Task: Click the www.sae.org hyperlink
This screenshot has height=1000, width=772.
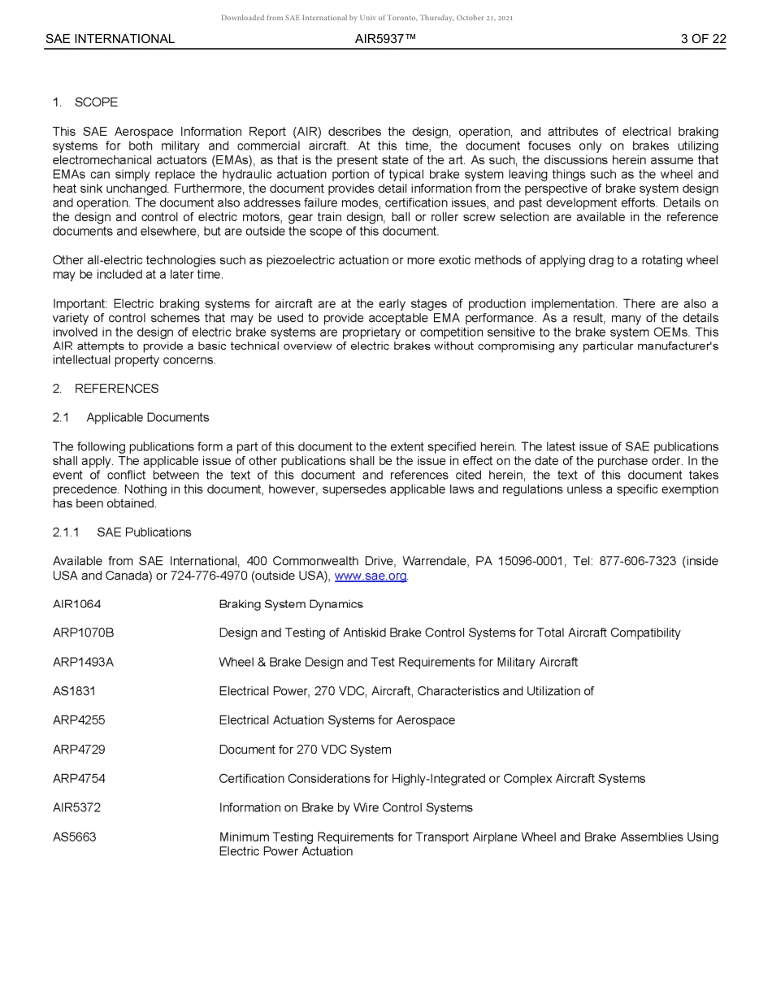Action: [x=371, y=576]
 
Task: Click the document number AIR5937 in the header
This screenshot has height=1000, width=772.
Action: [x=385, y=39]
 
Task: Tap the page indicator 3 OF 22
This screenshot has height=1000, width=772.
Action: [x=703, y=39]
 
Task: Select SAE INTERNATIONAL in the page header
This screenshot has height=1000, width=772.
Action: [x=110, y=39]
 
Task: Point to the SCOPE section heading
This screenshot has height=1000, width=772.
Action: [x=96, y=102]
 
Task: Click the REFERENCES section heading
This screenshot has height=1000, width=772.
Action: [x=116, y=389]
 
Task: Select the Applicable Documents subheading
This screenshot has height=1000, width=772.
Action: [x=147, y=418]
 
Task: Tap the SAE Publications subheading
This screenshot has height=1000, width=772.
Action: [x=144, y=533]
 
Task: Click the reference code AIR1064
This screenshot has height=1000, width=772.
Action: [x=77, y=604]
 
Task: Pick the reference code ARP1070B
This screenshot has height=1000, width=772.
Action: [x=83, y=633]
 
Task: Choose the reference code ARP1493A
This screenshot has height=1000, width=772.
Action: [x=83, y=663]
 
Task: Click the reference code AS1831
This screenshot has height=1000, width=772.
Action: [x=74, y=692]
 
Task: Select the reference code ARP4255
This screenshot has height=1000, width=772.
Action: [x=79, y=720]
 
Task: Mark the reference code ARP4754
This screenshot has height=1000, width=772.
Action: [x=79, y=779]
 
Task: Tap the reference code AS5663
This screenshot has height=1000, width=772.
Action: [x=74, y=837]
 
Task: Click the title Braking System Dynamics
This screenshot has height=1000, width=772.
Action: [x=291, y=604]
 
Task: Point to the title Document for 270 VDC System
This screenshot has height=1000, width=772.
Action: [x=305, y=750]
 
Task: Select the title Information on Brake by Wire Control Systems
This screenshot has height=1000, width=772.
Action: [x=345, y=808]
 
